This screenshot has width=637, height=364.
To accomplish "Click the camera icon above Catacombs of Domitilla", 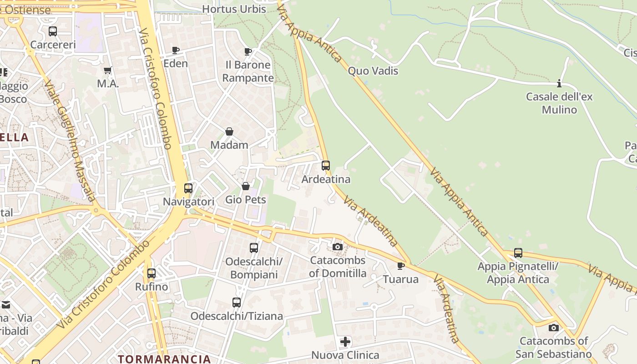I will pos(337,247).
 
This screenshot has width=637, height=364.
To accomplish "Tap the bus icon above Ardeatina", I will pos(326,166).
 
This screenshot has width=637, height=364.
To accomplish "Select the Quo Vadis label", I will pos(373,71).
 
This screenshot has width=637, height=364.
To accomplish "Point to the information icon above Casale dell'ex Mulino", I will pos(559,83).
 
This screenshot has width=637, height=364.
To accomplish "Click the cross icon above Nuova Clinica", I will pos(345,341).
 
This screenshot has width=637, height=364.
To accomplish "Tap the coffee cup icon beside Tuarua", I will pos(400,266).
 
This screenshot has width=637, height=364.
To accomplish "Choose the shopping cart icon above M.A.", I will pos(108,71).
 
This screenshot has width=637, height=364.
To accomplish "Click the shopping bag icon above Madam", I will pos(229,132).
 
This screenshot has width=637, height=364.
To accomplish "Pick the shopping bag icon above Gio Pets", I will pos(246,186).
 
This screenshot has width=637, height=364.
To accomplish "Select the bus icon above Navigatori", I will pos(188,188).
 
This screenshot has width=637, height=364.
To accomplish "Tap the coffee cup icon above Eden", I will pos(176,50).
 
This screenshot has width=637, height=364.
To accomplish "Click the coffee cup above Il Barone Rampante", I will pos(248,51).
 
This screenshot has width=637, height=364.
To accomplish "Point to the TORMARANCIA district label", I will pos(164,359).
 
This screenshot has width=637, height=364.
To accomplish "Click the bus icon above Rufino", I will pos(152,273).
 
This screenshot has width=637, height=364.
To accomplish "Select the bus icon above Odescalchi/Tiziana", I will pos(237,302).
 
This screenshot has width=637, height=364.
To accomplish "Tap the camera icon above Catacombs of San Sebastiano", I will pos(553,328).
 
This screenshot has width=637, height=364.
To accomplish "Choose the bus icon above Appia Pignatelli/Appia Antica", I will pos(518,253).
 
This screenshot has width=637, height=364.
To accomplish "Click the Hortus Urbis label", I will pos(234,9).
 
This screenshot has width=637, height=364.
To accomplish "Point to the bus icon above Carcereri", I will pos(53,31).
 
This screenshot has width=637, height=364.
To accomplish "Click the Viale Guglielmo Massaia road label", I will pos(70,141).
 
